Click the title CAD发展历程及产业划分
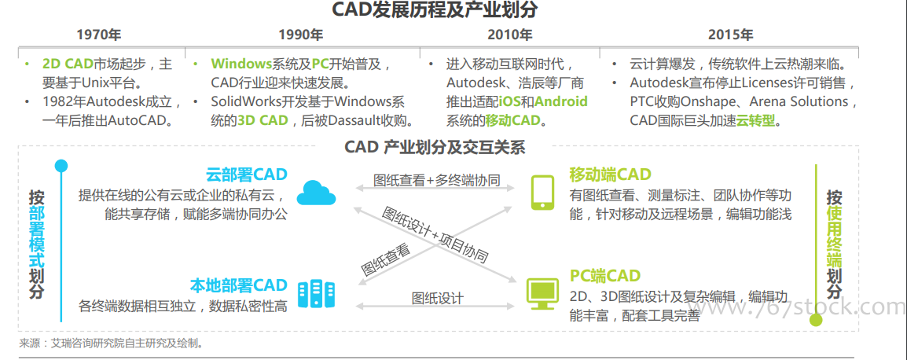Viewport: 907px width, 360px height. tap(435, 10)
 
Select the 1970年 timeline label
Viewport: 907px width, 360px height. tap(99, 35)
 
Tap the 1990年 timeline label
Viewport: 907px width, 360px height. tap(301, 35)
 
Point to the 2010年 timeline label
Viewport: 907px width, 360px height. tap(509, 35)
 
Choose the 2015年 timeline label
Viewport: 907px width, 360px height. tap(731, 35)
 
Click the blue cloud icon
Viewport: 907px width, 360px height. tap(317, 193)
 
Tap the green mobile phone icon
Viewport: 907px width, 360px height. tap(542, 192)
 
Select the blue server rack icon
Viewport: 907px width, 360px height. tap(317, 293)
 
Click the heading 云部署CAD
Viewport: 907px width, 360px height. tap(247, 174)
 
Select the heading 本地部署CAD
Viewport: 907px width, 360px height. tap(238, 285)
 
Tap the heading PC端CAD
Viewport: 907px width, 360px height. tap(605, 275)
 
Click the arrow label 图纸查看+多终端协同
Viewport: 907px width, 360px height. tap(437, 179)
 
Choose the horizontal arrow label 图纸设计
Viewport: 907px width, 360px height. tap(437, 298)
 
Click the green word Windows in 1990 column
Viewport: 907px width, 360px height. tap(241, 64)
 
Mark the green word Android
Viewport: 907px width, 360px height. tap(560, 102)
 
